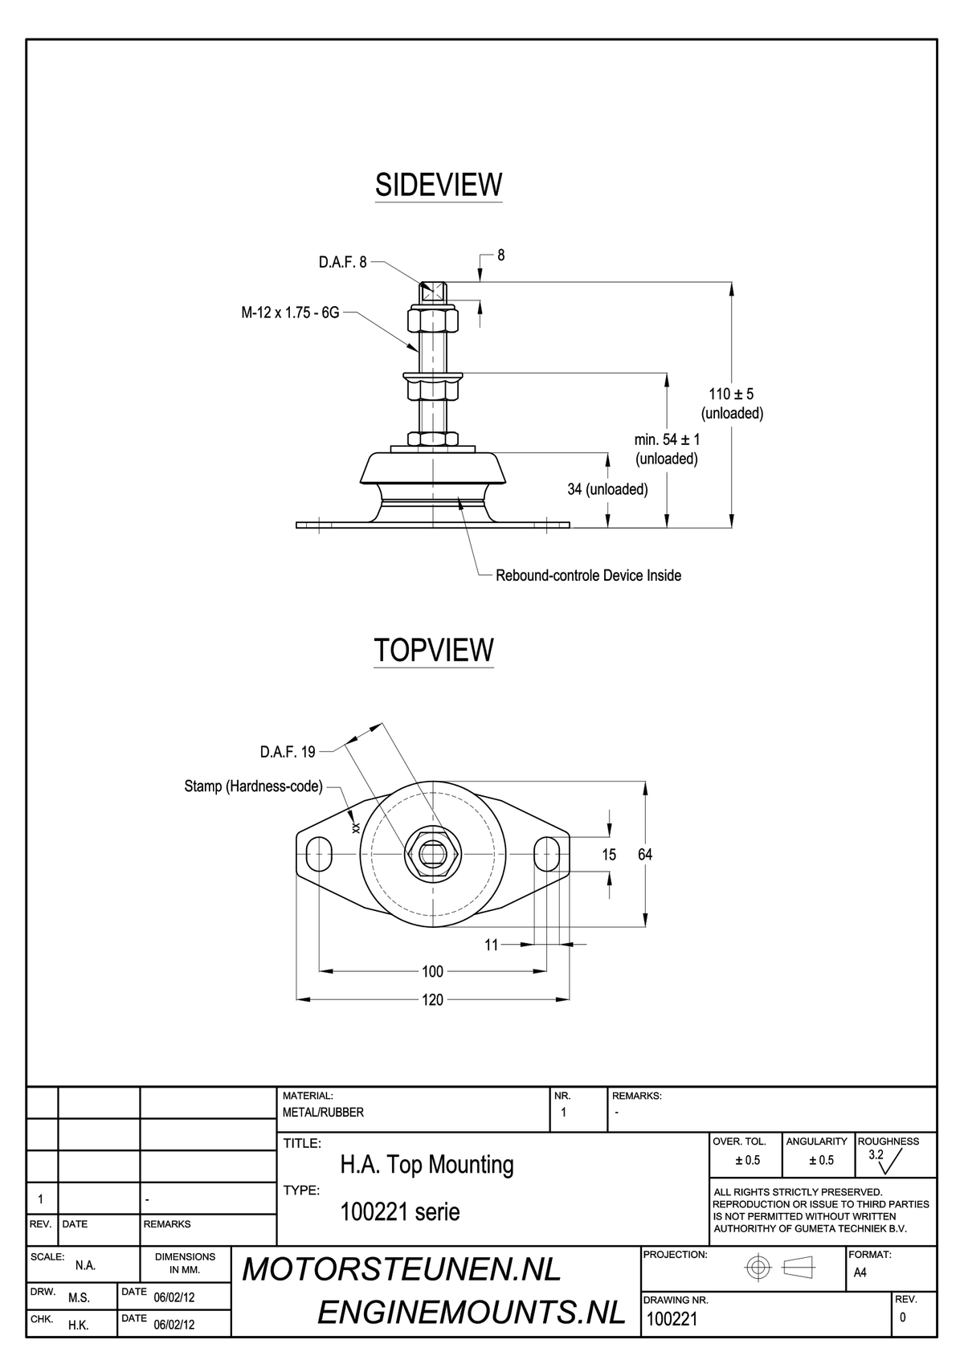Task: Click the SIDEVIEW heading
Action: pos(439,185)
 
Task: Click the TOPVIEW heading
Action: pos(434,651)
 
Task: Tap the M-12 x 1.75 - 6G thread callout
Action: pos(290,313)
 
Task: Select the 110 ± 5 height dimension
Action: pos(731,394)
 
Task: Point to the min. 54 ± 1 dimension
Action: pos(667,439)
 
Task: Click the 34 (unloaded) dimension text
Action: pos(607,489)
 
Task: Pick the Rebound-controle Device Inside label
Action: pos(588,575)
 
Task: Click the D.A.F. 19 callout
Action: pos(288,752)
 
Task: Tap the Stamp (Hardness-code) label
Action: pos(253,786)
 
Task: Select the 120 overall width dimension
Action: pos(432,999)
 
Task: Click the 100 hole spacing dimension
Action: pos(432,971)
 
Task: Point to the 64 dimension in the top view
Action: pos(645,855)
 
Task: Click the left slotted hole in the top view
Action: pos(319,854)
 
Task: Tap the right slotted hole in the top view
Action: pos(547,854)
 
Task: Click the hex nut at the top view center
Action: pos(433,854)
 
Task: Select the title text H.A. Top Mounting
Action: pos(427,1165)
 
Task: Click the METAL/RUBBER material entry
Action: pos(323,1113)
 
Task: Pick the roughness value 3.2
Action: pos(876,1154)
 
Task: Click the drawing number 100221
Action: pos(672,1318)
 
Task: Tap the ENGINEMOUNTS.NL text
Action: pos(472,1313)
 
